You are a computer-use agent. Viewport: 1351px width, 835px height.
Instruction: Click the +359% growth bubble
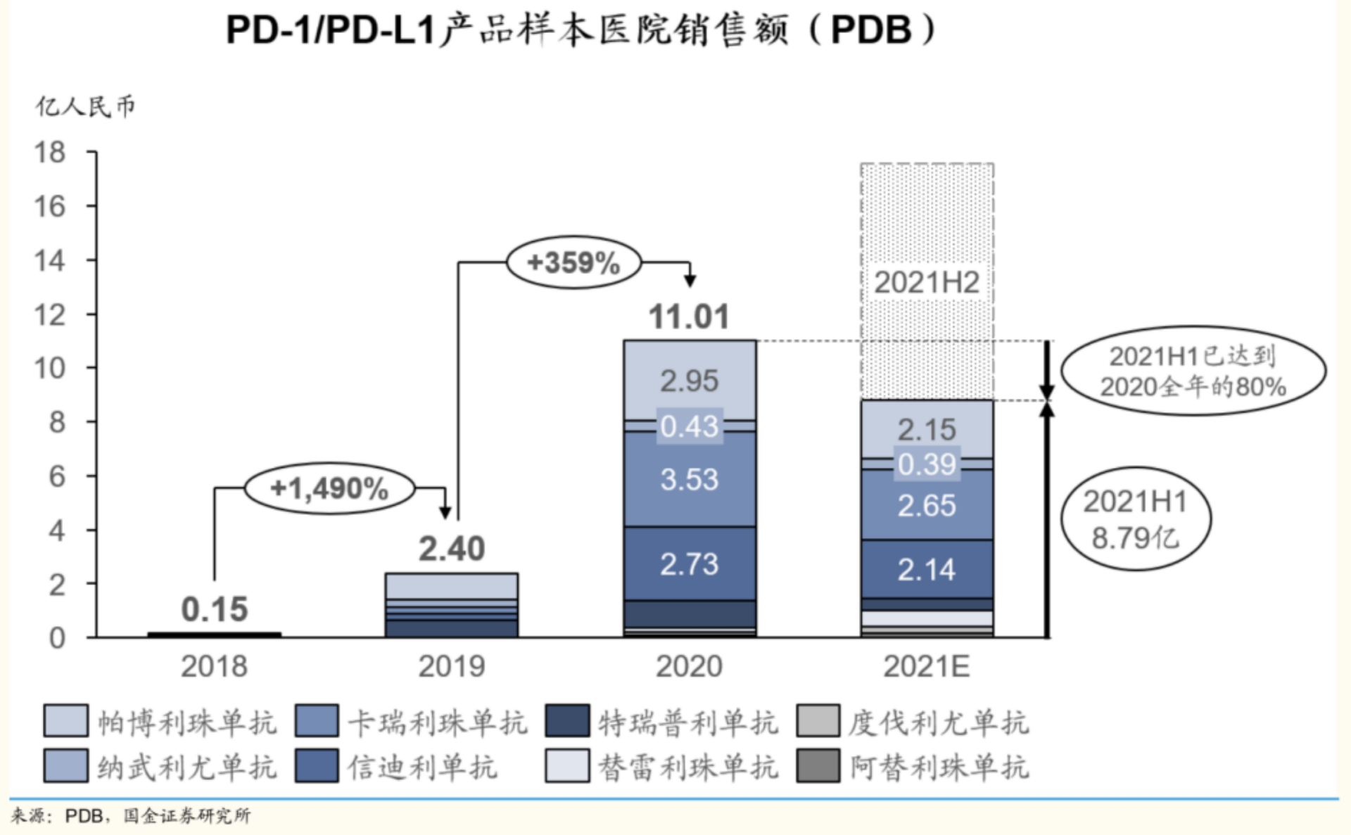[573, 263]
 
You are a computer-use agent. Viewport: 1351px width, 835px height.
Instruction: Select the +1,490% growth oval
[329, 488]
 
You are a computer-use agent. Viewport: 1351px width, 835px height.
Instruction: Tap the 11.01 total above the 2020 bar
[689, 317]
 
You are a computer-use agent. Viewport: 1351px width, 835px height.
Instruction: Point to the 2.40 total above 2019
[452, 549]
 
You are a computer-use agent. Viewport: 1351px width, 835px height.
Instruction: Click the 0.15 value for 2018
[215, 609]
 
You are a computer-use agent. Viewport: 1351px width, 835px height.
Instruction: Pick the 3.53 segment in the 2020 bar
[689, 480]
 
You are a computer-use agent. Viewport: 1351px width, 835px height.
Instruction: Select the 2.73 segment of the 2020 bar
[689, 564]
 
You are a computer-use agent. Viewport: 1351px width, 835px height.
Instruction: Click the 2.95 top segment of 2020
[689, 381]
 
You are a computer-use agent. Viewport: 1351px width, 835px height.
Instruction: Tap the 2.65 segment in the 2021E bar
[927, 506]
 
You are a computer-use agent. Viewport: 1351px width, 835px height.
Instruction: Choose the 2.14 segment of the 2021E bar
[927, 569]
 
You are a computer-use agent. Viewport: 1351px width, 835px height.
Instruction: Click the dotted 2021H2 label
[927, 283]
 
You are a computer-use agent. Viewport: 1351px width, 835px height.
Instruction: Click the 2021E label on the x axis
[927, 666]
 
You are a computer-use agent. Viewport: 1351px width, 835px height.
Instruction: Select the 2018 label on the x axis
[215, 666]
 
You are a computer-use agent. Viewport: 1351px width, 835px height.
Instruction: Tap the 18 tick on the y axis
[50, 152]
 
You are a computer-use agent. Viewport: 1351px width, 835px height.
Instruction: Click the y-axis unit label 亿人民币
[85, 107]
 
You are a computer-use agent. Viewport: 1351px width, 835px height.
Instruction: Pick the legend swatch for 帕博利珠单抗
[66, 721]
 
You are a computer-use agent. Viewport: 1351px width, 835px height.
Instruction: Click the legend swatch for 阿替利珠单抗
[818, 766]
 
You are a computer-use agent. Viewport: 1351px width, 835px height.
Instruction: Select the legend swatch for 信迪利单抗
[317, 766]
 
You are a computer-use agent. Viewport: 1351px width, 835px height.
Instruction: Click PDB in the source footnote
[84, 816]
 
